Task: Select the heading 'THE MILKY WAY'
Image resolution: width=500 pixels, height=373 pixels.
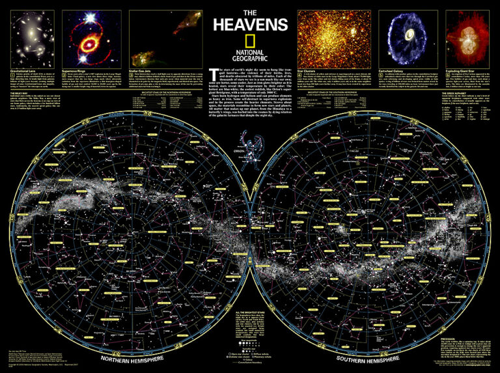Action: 21,94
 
